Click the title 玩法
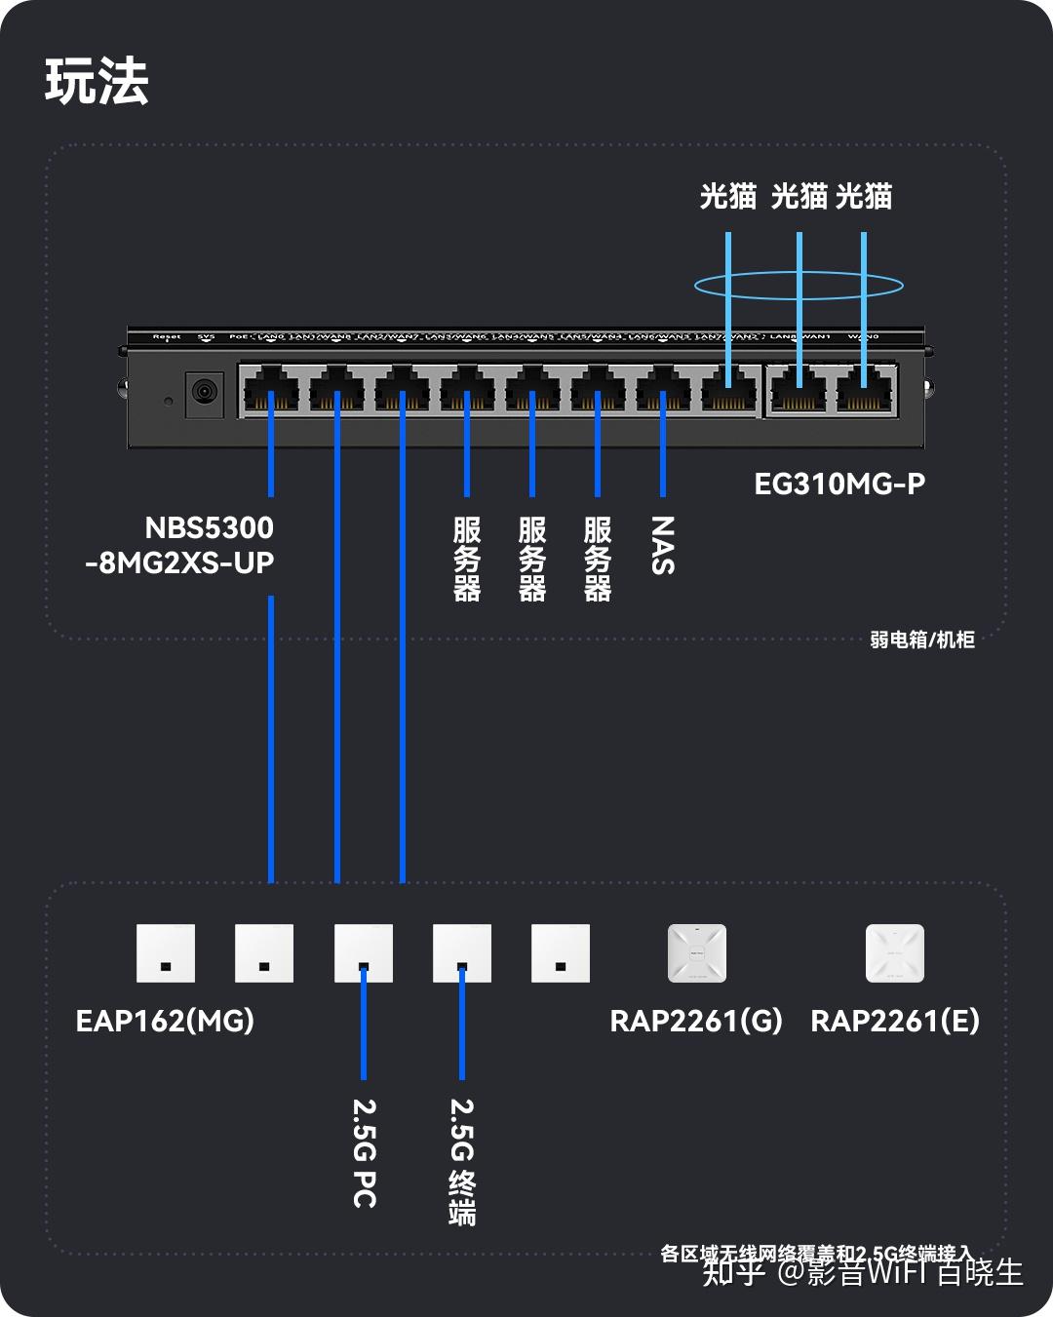(97, 81)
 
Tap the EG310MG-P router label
(838, 484)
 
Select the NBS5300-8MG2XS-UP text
(180, 545)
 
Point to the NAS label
(662, 546)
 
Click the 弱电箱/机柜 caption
(921, 639)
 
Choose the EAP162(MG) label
(165, 1021)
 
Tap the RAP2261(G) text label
(695, 1021)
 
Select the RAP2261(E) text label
(894, 1021)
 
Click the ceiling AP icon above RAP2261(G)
(697, 953)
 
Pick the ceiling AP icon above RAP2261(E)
(894, 953)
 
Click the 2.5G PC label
(364, 1153)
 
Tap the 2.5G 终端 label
(462, 1161)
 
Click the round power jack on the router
(204, 392)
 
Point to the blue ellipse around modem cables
(799, 286)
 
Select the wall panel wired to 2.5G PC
(364, 953)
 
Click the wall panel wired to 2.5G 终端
(462, 953)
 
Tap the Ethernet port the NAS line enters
(663, 390)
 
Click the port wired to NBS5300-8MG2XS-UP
(271, 390)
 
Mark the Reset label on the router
(167, 336)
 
